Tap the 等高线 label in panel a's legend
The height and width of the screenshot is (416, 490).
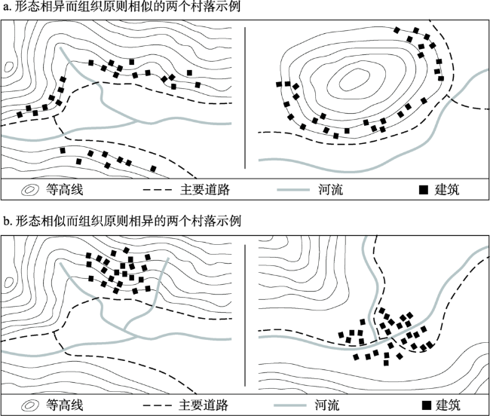click(x=63, y=190)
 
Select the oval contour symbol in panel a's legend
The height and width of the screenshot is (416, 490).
click(x=30, y=190)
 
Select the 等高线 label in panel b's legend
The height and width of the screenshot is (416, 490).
click(x=63, y=405)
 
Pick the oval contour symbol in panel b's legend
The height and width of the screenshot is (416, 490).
click(x=30, y=405)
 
